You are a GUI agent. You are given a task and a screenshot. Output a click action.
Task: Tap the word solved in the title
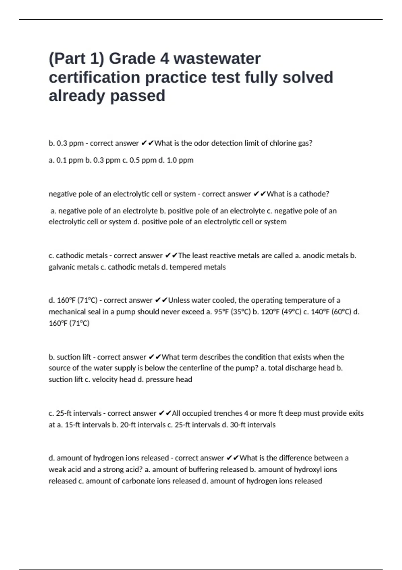308,77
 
